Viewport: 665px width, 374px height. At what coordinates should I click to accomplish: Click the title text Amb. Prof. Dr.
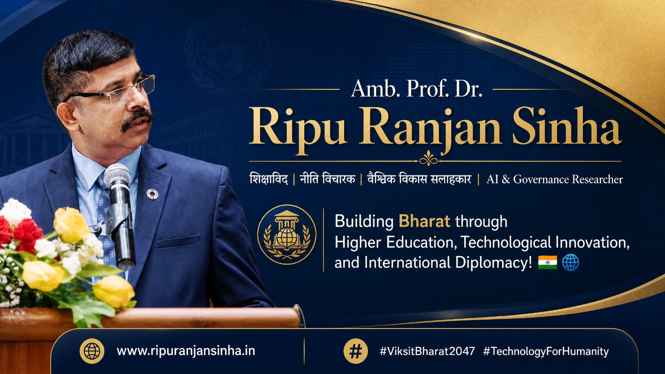(416, 89)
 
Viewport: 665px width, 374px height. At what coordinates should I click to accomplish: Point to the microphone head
(117, 175)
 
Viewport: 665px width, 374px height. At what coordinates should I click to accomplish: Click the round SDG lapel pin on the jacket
(152, 194)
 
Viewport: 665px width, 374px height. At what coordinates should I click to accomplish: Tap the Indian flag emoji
(547, 262)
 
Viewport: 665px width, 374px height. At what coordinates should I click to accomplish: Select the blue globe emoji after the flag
(571, 262)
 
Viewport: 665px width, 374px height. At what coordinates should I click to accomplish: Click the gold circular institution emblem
(286, 234)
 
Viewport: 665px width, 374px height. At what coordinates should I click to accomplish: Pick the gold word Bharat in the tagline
(424, 221)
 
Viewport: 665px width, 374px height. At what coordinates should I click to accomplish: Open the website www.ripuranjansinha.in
(186, 351)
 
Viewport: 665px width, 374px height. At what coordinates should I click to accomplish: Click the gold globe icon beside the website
(92, 351)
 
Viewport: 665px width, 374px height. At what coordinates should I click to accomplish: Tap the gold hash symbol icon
(356, 351)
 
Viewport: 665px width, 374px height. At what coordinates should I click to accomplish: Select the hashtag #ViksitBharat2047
(427, 351)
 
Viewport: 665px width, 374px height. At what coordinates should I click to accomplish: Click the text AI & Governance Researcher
(554, 179)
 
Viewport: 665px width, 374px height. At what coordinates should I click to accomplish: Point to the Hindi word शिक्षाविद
(268, 179)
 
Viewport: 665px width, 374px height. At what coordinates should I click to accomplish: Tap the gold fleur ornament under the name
(429, 158)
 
